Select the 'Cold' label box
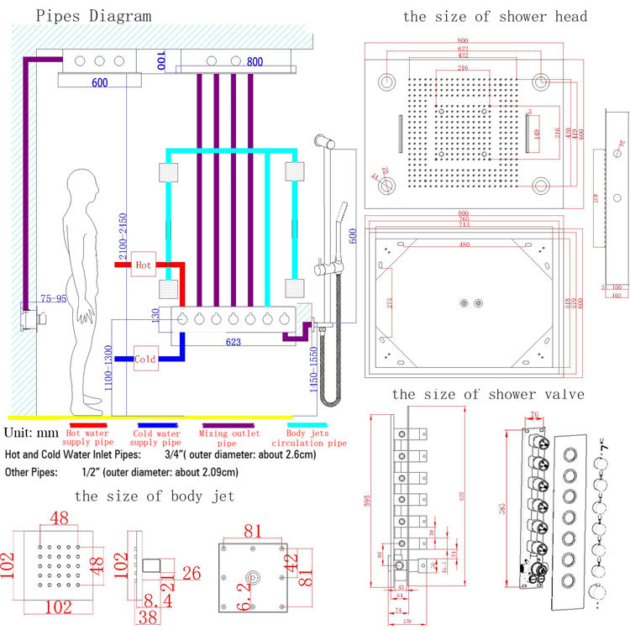[144, 359]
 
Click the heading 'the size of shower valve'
[488, 394]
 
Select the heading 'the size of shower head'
[495, 16]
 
